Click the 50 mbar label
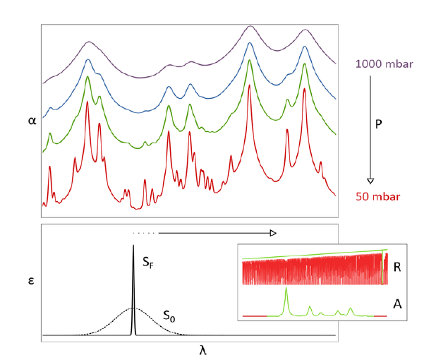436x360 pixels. tap(379, 196)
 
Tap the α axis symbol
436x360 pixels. tap(32, 120)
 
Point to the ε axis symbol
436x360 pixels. tap(31, 279)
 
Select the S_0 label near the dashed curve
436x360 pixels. tap(170, 316)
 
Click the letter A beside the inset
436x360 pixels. tap(396, 303)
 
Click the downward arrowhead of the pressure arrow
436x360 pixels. tap(371, 180)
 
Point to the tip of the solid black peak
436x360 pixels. tap(133, 246)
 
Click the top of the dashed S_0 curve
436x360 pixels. tap(133, 308)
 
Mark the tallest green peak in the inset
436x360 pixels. tap(286, 289)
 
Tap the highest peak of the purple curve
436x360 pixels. tap(249, 27)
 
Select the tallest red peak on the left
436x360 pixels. tap(87, 102)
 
